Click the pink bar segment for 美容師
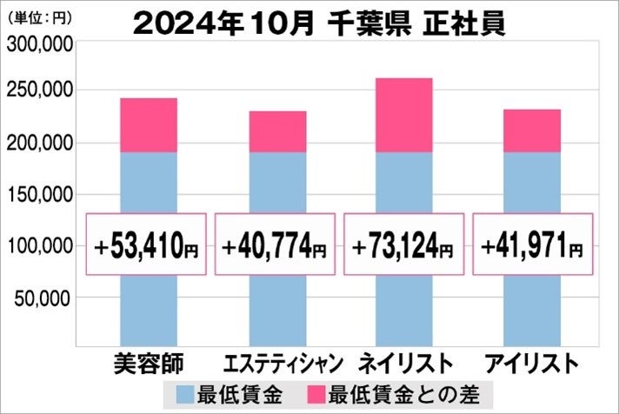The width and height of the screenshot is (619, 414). coord(149,125)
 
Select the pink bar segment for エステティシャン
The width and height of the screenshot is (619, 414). coord(277,131)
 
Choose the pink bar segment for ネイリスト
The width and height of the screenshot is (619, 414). coord(404,115)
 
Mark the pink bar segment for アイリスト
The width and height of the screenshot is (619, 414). coord(532,130)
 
